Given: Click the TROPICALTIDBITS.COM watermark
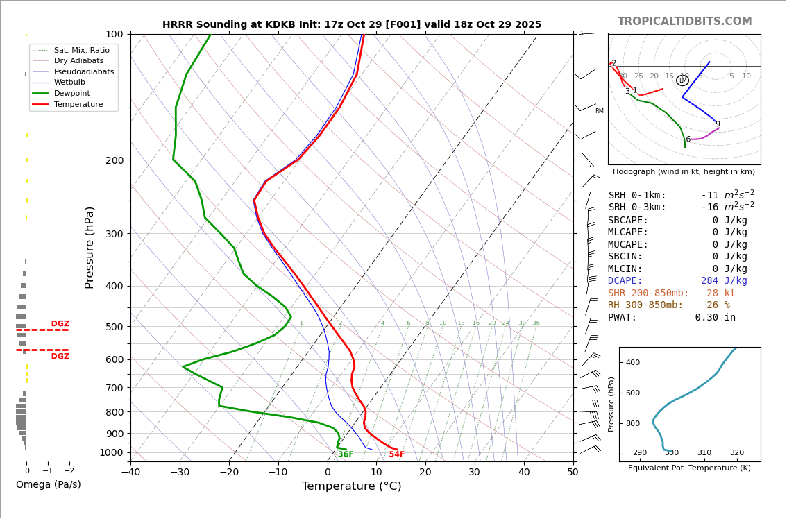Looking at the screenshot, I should pos(684,22).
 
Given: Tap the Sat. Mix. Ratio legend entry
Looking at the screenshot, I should pos(81,50).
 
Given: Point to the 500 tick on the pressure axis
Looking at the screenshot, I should pos(115,327).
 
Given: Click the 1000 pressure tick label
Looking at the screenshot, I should pos(112,452).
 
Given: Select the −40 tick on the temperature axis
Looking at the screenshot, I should pos(130,473).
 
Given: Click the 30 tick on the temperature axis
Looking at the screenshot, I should pos(474,473).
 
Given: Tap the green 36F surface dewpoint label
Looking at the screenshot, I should pos(346,454).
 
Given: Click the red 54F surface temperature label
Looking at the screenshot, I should pos(396,454).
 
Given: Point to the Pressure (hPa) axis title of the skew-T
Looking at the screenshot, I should pos(90,247).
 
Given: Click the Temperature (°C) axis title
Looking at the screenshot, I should pos(351,486).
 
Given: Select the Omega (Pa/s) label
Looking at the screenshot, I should pos(49,484).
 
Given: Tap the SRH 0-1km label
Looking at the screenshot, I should pos(637,196).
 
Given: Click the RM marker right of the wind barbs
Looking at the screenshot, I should pos(599,111).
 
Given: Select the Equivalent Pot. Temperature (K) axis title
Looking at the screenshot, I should pos(689,468).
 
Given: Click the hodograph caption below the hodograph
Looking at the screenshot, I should pos(684,171).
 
